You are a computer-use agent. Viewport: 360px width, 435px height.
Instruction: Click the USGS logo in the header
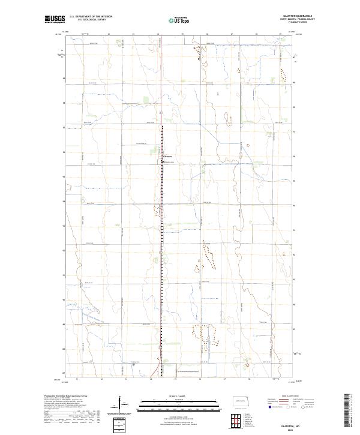55,19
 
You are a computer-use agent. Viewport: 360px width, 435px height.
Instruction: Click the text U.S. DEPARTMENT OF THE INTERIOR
89,17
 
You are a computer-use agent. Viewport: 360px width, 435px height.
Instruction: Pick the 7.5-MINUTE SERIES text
302,23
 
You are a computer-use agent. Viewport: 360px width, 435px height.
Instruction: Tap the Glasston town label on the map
168,157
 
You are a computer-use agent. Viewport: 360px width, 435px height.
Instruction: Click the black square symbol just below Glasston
163,161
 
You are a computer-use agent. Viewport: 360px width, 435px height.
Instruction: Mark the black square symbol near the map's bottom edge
133,364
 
